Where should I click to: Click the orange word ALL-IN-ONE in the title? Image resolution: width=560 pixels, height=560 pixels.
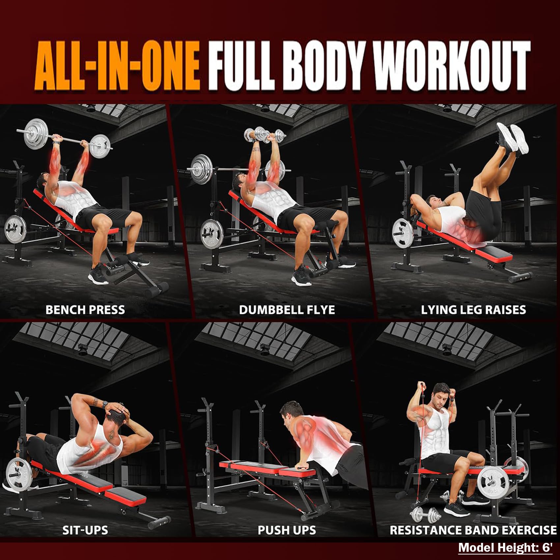coord(117,65)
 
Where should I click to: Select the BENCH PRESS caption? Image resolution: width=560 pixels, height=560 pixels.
coord(85,310)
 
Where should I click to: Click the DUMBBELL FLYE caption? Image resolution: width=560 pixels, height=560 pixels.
coord(287,310)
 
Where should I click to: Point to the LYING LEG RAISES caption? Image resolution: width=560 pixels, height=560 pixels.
coord(473,310)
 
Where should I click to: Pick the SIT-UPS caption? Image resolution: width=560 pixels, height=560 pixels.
coord(85,530)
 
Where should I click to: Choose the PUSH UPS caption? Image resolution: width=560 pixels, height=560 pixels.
coord(287,530)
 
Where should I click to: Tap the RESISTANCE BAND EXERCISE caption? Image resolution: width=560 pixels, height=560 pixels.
coord(473,530)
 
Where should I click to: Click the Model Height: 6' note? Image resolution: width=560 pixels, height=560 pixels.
coord(506,547)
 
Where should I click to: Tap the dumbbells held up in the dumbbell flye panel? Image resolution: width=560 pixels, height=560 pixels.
coord(265,135)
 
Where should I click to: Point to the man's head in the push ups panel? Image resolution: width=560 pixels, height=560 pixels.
coord(293,414)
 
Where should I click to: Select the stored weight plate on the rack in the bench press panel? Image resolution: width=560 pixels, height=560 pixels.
coord(15,229)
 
